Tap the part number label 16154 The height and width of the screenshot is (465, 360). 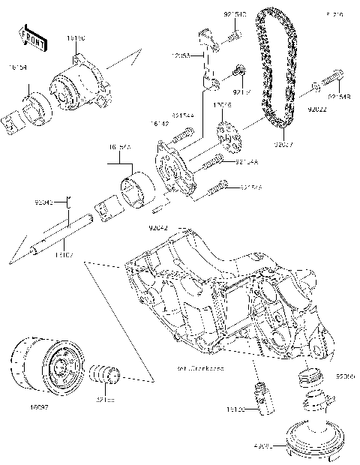[x=18, y=67]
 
